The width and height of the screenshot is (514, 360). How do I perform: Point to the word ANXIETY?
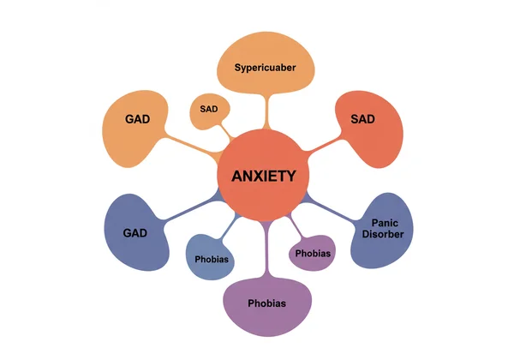click(x=265, y=177)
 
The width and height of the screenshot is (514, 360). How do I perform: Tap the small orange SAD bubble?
click(x=209, y=111)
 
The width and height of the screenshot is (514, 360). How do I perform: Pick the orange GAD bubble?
click(x=137, y=126)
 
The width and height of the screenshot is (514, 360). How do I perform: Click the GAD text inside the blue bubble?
click(x=135, y=232)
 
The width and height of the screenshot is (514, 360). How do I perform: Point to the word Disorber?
click(x=382, y=235)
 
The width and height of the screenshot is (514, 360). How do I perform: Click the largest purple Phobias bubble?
click(x=266, y=303)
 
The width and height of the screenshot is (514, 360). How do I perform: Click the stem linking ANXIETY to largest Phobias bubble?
click(x=266, y=257)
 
